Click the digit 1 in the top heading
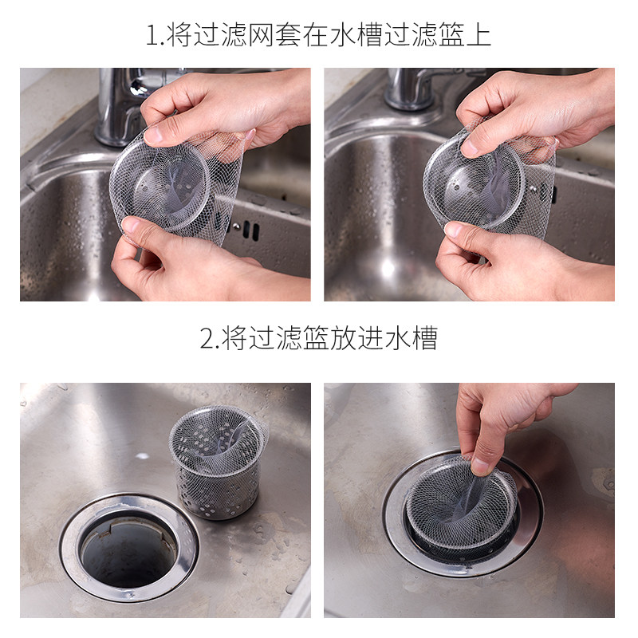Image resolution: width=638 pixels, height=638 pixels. [152, 35]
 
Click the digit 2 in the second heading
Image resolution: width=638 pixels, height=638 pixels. [207, 338]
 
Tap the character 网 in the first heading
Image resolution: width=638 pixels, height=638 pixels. [261, 34]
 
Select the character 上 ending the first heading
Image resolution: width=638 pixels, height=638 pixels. [478, 34]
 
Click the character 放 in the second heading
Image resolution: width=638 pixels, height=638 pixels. [343, 337]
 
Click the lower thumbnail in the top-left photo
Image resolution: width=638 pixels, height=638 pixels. [132, 226]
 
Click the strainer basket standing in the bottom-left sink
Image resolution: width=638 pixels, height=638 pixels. [218, 462]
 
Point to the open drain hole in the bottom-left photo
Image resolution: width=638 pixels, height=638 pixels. [128, 554]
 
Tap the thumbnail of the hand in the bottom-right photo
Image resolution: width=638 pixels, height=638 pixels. [481, 467]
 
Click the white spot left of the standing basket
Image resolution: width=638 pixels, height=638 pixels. [142, 455]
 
